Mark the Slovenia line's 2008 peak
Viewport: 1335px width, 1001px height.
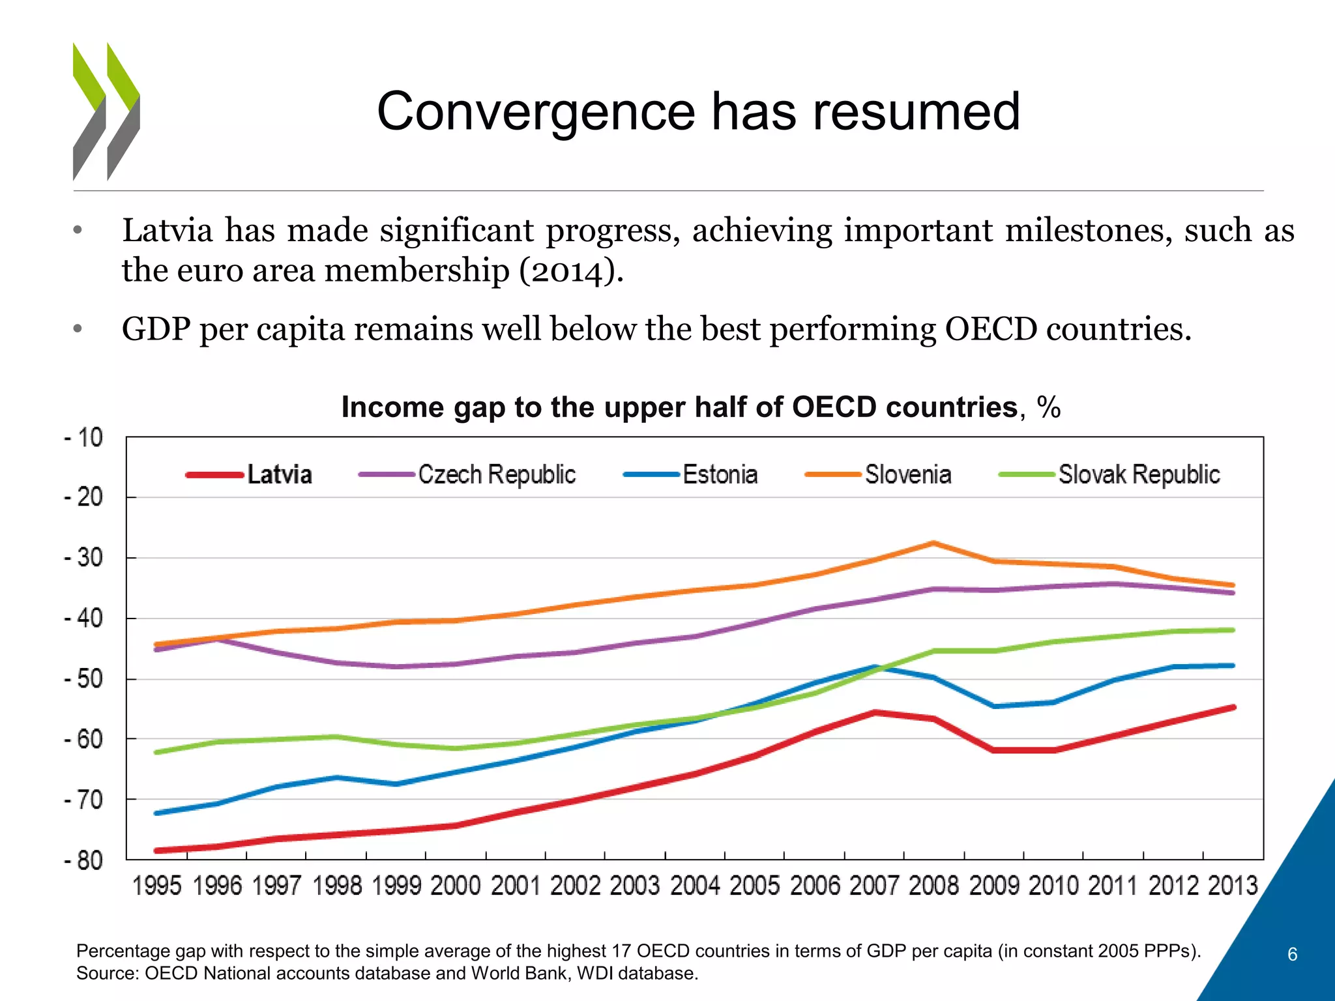(x=933, y=543)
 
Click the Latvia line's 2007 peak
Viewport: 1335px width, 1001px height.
(x=874, y=712)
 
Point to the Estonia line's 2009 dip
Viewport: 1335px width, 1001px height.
(x=994, y=706)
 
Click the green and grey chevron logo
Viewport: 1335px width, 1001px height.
(x=106, y=111)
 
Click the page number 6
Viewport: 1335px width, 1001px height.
(x=1292, y=955)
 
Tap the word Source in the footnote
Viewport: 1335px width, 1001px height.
(x=106, y=974)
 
